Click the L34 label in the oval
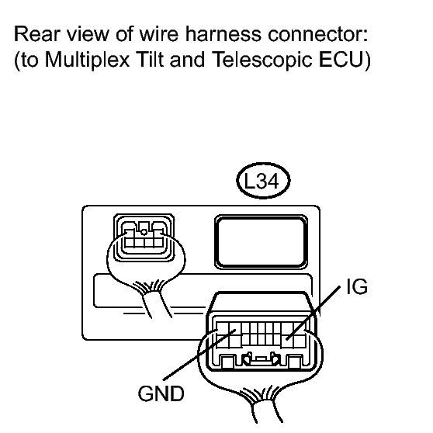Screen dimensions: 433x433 coord(262,182)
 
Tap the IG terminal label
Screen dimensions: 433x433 coord(357,286)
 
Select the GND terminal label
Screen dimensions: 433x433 coord(161,393)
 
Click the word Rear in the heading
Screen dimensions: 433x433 coord(36,34)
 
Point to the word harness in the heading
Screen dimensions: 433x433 coord(223,34)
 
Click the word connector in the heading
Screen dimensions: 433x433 coord(318,34)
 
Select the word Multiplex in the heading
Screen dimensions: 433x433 coord(87,60)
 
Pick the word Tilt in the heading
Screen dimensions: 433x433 coord(148,60)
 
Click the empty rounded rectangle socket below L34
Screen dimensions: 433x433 coord(261,241)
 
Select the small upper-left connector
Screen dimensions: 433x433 coord(144,237)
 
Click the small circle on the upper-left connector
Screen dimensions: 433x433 coord(144,232)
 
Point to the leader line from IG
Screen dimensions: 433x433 coord(313,313)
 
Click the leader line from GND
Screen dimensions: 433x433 coord(199,355)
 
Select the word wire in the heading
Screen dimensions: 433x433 coord(159,34)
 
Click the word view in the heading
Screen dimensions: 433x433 coord(88,34)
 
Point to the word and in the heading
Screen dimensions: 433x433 coord(187,60)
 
